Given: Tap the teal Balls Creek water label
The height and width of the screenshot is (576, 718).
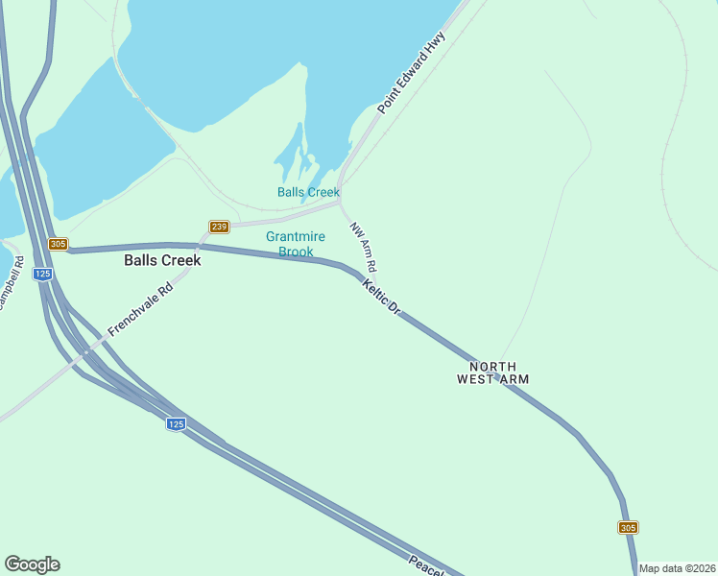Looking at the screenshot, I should tap(308, 192).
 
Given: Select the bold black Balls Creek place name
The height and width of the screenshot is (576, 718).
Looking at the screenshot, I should tap(162, 260).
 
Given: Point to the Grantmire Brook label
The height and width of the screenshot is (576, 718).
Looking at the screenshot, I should tap(296, 244).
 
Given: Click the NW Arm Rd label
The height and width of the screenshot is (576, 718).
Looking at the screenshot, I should tap(362, 247).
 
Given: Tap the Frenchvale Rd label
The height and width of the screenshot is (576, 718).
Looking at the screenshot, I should tap(140, 309).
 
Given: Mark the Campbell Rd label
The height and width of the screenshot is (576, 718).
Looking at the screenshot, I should tap(10, 288).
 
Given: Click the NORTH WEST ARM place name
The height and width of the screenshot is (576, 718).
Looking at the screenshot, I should tap(492, 372).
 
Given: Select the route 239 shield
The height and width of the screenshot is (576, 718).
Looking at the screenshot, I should tap(219, 227).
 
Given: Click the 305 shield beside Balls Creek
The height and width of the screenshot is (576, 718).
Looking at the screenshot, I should tap(59, 245).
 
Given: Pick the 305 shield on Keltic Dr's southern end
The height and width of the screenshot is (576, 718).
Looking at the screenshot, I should tap(628, 527).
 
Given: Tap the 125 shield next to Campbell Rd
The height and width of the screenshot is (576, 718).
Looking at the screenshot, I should tap(42, 274).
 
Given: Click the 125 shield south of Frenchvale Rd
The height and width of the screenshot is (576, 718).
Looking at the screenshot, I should tap(175, 424).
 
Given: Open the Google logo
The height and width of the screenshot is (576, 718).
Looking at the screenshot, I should tap(32, 564).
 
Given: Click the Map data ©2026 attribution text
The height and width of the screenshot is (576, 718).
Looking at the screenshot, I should tap(677, 568).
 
